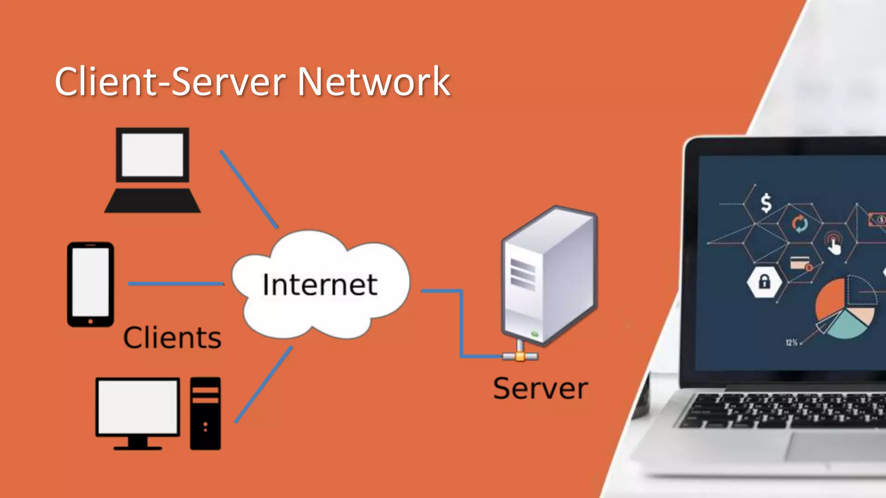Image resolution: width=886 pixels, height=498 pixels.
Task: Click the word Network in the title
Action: (374, 82)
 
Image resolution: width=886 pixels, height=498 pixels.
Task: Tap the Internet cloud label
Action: (320, 285)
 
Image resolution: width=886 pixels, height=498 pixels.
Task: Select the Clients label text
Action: (172, 338)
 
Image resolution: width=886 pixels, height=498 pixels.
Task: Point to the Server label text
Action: (540, 389)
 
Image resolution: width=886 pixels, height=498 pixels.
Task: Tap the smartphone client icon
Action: (90, 284)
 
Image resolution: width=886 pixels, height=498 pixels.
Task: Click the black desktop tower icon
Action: (205, 413)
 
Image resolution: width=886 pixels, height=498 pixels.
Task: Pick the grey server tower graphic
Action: (548, 277)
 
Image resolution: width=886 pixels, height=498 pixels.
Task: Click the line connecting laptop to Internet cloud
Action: (249, 188)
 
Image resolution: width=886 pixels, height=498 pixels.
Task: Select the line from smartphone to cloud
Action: (176, 284)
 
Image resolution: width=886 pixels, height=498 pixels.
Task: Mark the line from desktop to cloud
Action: (263, 385)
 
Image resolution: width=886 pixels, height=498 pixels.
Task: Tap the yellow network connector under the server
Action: (520, 357)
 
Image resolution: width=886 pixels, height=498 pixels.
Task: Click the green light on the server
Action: (535, 334)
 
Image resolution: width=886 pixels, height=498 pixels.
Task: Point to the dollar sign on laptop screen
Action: (766, 203)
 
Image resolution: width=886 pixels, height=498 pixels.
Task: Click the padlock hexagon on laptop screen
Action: (764, 282)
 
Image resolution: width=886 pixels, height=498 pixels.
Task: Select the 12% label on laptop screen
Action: (791, 343)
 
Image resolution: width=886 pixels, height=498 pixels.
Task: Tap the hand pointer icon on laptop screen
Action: (834, 246)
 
